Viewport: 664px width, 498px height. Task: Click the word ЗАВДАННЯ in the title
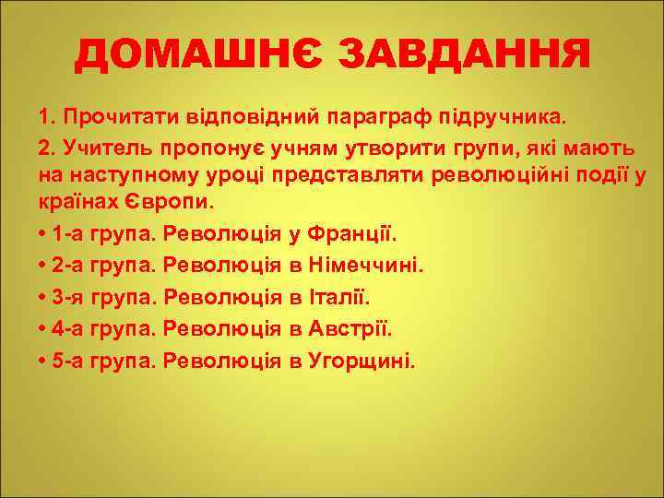[x=463, y=57]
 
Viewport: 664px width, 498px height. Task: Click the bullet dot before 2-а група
[x=42, y=267]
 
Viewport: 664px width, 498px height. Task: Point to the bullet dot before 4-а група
[x=42, y=329]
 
